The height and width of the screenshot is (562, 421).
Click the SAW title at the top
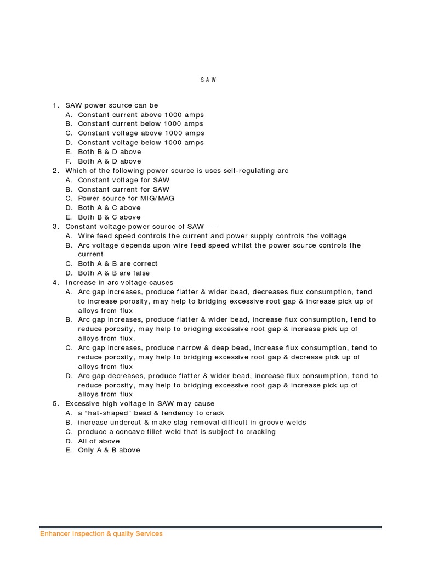coord(208,80)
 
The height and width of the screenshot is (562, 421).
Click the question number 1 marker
coord(55,105)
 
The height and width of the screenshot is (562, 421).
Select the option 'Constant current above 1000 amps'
coord(141,115)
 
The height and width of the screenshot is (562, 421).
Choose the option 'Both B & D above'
coord(110,152)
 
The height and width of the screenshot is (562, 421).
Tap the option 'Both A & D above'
coord(110,161)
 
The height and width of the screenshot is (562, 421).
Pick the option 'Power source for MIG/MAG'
coord(126,198)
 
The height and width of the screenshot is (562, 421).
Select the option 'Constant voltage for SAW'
coord(124,180)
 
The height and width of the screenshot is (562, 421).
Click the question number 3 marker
coord(55,227)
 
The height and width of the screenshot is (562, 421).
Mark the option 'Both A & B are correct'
coord(118,263)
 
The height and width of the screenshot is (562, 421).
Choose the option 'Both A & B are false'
coord(114,273)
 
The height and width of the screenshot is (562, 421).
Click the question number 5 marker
coord(55,404)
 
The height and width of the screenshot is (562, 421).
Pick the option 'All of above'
coord(99,441)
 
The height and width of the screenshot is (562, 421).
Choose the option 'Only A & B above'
coord(109,451)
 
